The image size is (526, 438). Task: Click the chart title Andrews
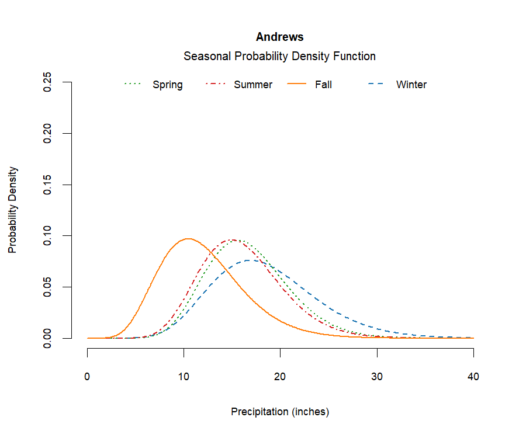pyautogui.click(x=279, y=37)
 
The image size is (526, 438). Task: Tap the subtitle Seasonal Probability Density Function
pyautogui.click(x=279, y=56)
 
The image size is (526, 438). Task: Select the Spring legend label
pyautogui.click(x=167, y=85)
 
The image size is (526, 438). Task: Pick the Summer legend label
pyautogui.click(x=252, y=85)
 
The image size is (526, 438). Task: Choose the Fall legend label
pyautogui.click(x=323, y=85)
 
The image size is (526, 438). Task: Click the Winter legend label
pyautogui.click(x=411, y=85)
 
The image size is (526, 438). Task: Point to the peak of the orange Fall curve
pyautogui.click(x=188, y=238)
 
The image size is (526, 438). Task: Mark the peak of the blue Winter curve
pyautogui.click(x=250, y=260)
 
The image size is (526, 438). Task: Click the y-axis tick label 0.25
pyautogui.click(x=49, y=82)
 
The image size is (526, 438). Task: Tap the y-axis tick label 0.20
pyautogui.click(x=49, y=133)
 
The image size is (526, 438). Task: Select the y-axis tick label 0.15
pyautogui.click(x=49, y=185)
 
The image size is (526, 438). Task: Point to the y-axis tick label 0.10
pyautogui.click(x=49, y=235)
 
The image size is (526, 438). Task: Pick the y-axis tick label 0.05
pyautogui.click(x=49, y=287)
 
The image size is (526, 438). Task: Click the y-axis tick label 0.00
pyautogui.click(x=49, y=338)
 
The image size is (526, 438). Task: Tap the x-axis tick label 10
pyautogui.click(x=184, y=377)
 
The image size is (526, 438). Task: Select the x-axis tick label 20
pyautogui.click(x=280, y=377)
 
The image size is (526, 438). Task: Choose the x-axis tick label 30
pyautogui.click(x=377, y=377)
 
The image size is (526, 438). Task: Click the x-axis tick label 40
pyautogui.click(x=473, y=377)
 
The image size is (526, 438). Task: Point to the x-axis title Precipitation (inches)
pyautogui.click(x=280, y=412)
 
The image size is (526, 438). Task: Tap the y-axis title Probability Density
pyautogui.click(x=12, y=210)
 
